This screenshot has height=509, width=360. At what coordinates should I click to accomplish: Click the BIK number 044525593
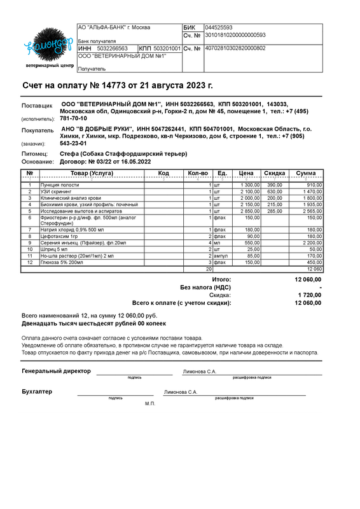point(218,28)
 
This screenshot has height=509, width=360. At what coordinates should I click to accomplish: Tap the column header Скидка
point(274,173)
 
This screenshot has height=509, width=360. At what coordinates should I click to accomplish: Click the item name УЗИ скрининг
point(55,192)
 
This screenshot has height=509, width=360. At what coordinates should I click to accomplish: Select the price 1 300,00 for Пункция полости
point(249,185)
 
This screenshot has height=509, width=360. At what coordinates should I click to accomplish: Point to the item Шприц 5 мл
point(53,249)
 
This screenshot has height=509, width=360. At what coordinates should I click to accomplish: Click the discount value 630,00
point(274,192)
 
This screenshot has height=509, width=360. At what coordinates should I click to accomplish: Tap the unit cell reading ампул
point(220,256)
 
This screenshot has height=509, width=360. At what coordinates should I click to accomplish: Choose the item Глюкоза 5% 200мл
point(61,262)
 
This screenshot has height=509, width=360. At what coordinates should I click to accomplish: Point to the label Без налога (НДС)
point(205,287)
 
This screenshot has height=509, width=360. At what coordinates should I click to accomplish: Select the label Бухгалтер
point(37,391)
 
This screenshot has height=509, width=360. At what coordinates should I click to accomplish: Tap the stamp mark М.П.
point(149,403)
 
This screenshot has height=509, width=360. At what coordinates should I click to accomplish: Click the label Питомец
point(34,154)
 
